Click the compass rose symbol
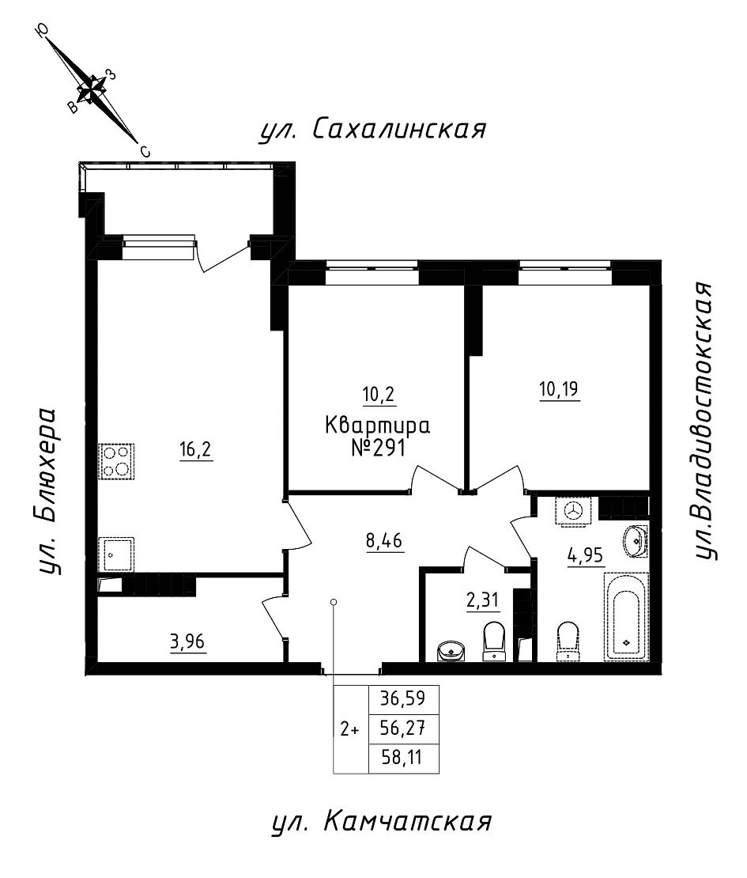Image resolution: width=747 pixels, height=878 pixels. [93, 89]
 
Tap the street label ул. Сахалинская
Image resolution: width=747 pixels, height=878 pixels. [372, 130]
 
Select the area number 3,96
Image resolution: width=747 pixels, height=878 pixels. [188, 641]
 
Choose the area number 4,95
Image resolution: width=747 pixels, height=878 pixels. [585, 554]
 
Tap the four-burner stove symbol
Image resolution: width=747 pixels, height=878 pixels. [115, 461]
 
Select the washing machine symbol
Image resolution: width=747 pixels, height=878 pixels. [574, 511]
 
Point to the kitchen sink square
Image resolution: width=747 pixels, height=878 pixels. [115, 553]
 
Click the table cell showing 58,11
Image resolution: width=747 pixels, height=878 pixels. [403, 759]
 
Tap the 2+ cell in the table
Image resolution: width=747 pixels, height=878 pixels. [349, 730]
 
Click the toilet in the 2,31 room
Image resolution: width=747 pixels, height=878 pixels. [495, 640]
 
